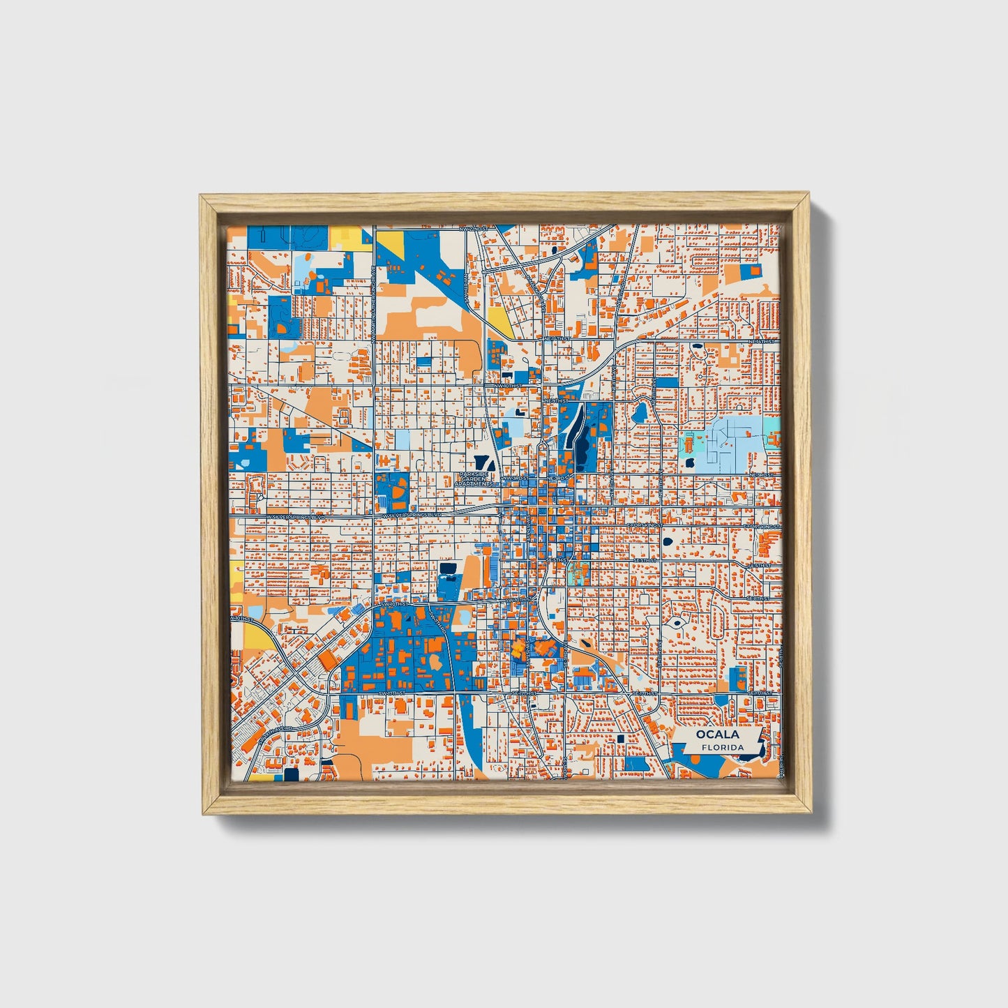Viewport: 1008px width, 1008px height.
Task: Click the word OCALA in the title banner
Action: pyautogui.click(x=716, y=735)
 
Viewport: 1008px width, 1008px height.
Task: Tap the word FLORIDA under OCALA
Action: pyautogui.click(x=723, y=747)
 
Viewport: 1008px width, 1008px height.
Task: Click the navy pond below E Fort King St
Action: pyautogui.click(x=668, y=541)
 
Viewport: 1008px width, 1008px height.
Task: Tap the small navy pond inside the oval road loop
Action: pyautogui.click(x=675, y=623)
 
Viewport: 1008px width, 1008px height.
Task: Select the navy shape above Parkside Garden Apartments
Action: pyautogui.click(x=481, y=461)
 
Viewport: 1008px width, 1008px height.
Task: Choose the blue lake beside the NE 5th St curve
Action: pyautogui.click(x=640, y=413)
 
